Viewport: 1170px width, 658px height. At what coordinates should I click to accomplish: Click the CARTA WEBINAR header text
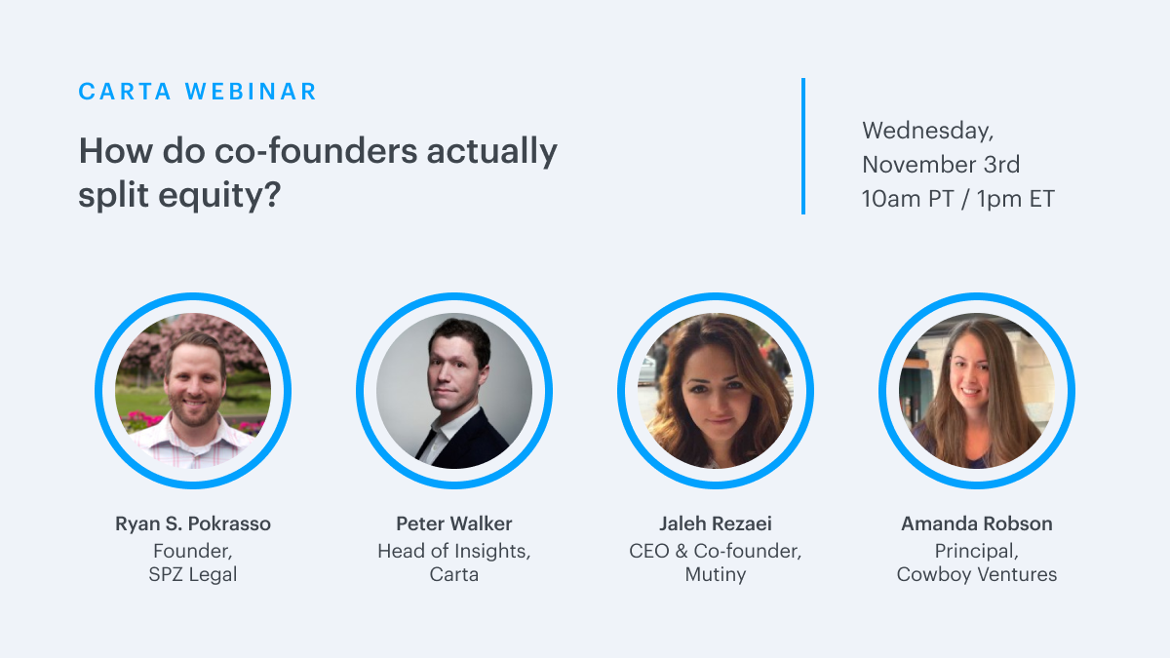[197, 92]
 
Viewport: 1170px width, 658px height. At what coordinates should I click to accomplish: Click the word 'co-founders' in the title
[316, 151]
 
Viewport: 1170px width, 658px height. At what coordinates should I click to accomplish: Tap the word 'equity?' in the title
[219, 196]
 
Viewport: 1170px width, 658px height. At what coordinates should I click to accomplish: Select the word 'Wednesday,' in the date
[927, 131]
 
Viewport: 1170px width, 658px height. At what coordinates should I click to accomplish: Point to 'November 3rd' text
[941, 165]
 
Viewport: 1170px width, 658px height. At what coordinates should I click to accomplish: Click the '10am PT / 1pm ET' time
[957, 199]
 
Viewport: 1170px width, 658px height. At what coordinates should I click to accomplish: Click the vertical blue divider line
[803, 146]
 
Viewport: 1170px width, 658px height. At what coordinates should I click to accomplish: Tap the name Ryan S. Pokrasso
[193, 523]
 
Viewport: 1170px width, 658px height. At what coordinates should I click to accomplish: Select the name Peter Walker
[454, 523]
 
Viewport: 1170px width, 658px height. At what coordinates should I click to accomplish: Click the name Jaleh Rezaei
[715, 523]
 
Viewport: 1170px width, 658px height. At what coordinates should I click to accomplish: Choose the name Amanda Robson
[977, 523]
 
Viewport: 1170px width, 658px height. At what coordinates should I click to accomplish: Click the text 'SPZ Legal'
[193, 574]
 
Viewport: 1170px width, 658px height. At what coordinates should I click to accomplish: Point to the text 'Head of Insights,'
[454, 551]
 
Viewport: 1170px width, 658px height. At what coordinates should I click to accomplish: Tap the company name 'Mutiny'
[715, 574]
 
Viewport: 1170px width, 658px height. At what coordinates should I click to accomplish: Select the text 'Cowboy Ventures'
[977, 574]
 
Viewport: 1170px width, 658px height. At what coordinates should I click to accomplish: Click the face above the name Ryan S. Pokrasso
[194, 384]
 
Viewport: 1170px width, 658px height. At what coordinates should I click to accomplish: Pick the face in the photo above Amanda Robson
[970, 373]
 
